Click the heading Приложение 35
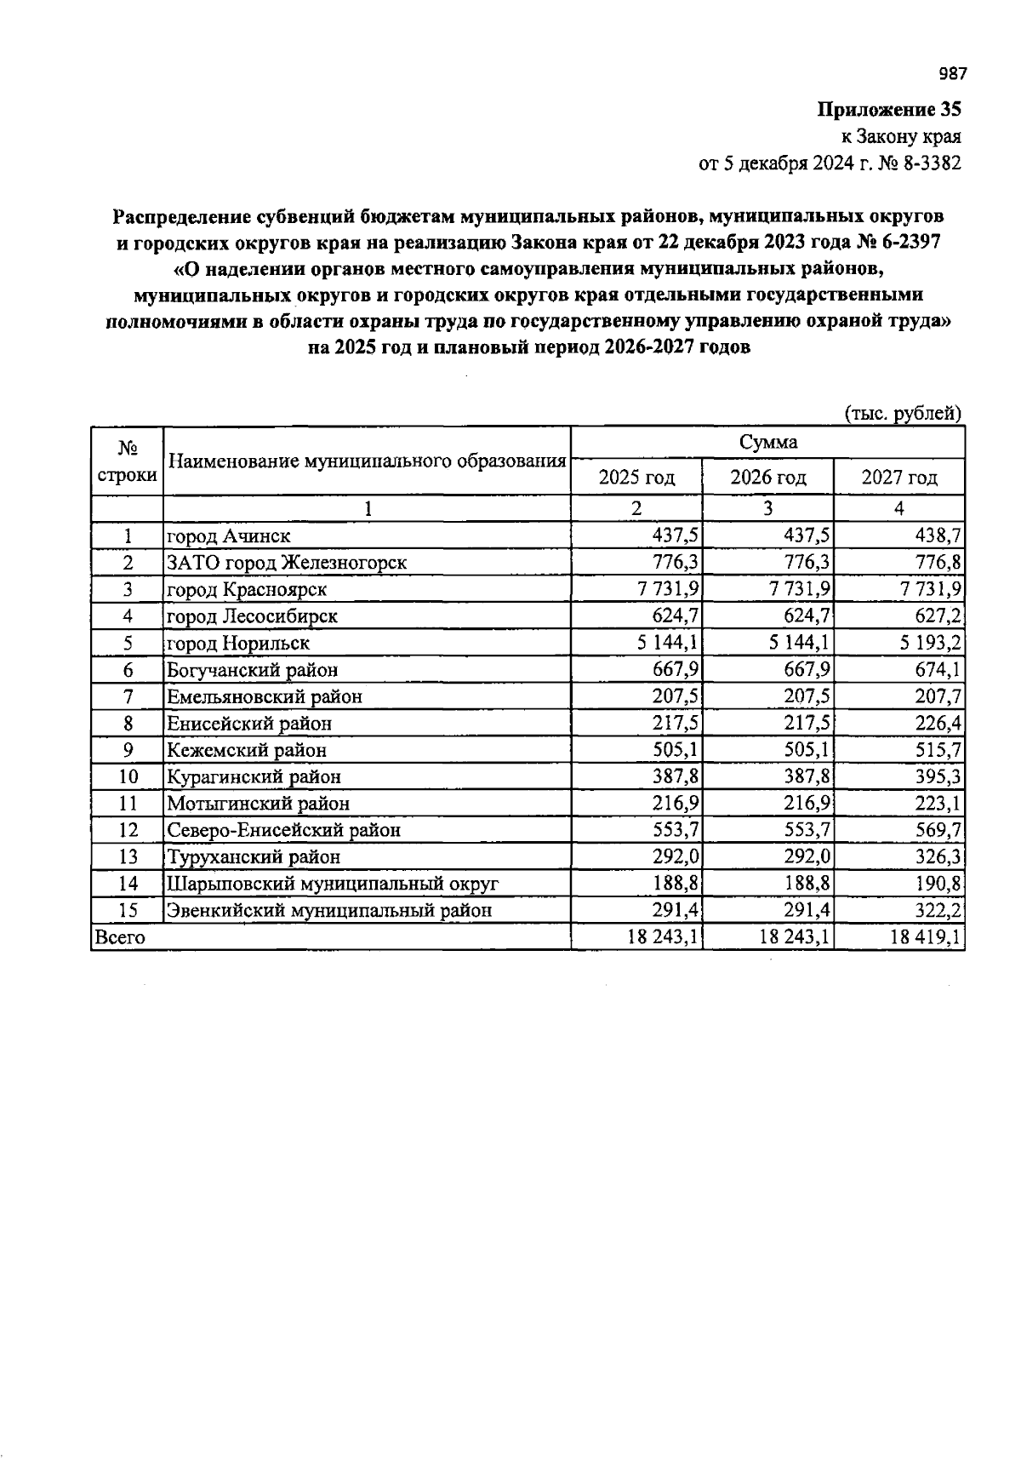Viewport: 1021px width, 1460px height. pos(889,110)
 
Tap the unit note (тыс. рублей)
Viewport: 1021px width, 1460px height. pos(903,414)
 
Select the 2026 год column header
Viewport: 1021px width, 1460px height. pos(767,478)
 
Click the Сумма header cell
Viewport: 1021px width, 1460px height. pos(767,443)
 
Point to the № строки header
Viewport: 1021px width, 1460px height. pos(127,461)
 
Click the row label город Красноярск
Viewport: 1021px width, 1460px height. pos(247,589)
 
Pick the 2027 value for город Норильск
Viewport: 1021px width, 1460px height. pos(927,643)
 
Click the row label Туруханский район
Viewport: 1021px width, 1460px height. pos(254,856)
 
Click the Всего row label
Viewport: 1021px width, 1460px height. pos(120,937)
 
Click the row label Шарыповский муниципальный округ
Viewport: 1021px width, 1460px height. pos(333,884)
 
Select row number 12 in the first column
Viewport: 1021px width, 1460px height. pos(128,830)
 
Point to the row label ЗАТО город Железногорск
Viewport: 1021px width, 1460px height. pos(287,563)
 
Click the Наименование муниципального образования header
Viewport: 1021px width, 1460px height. pos(367,461)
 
